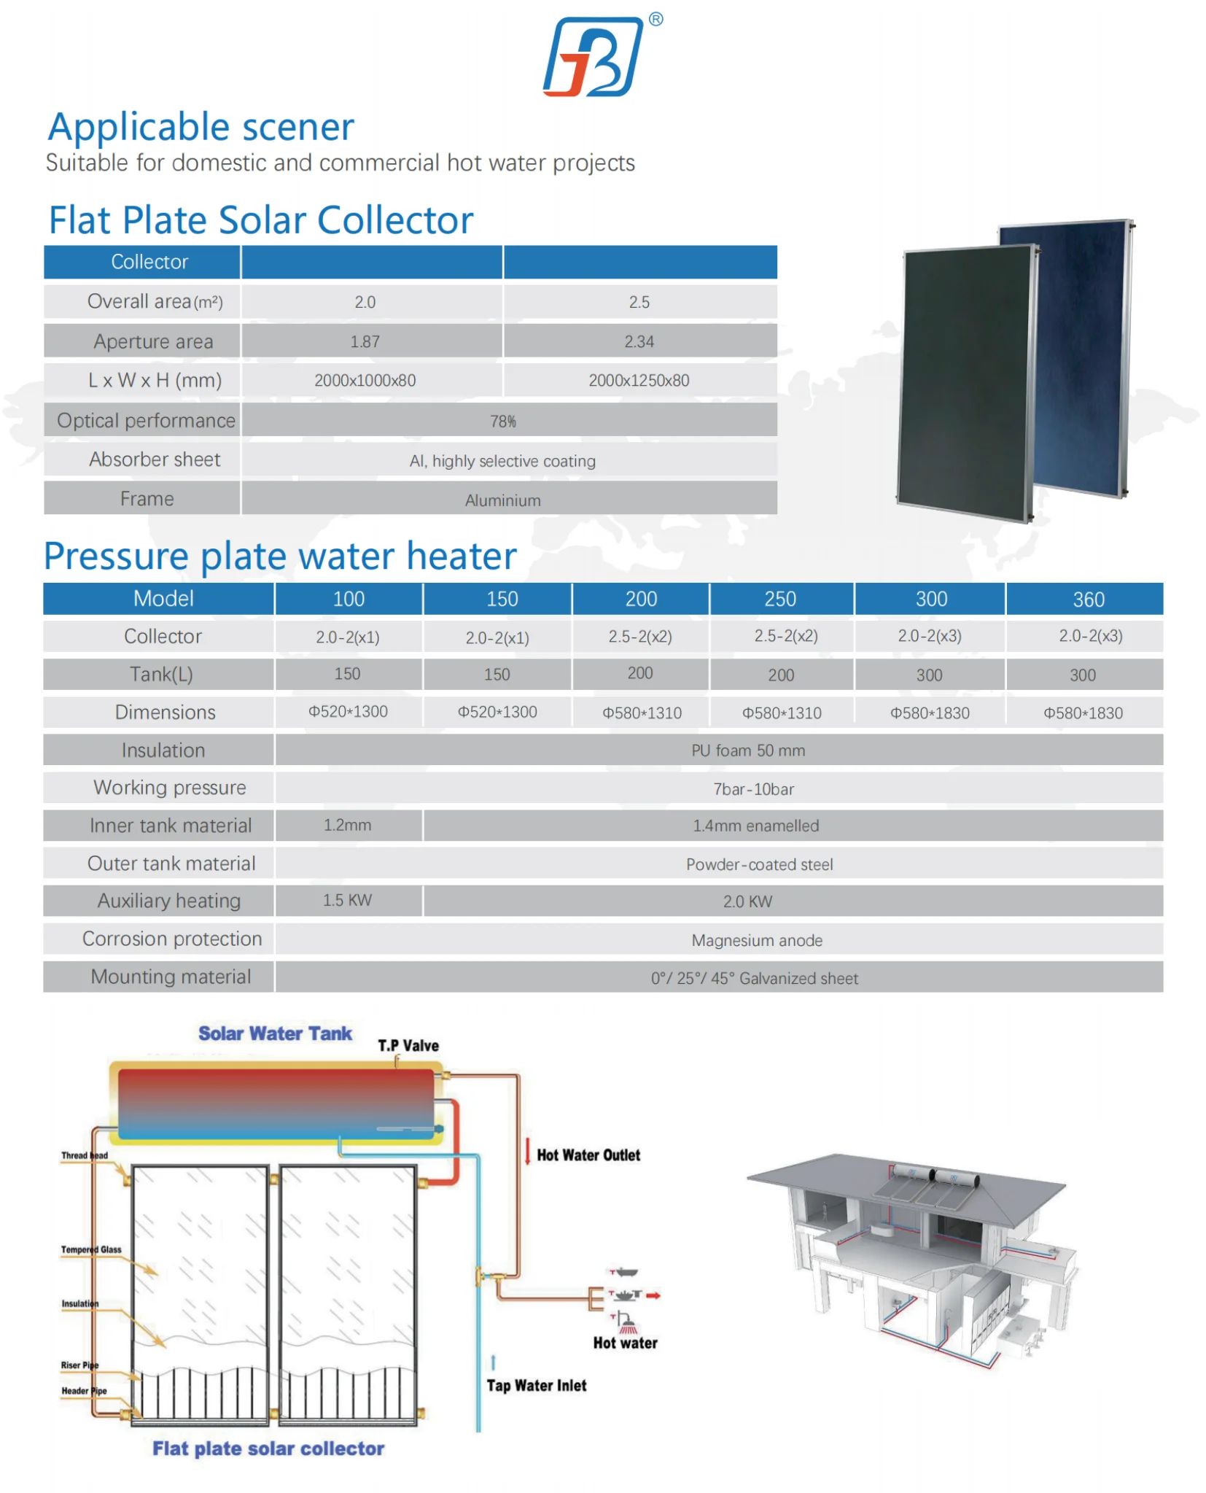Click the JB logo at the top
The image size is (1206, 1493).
click(x=594, y=56)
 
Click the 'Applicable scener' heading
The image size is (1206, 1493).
click(x=201, y=127)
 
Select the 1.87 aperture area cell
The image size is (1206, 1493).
click(x=365, y=341)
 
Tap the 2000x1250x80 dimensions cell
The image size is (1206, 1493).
click(x=639, y=380)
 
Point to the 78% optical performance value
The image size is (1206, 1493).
click(x=502, y=421)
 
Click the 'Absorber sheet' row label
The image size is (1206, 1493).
click(x=154, y=459)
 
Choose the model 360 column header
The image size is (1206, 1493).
click(x=1088, y=600)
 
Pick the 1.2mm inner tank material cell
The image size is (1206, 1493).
click(x=347, y=825)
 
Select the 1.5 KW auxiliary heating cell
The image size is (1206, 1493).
click(x=347, y=900)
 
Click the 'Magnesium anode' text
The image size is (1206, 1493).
click(x=756, y=940)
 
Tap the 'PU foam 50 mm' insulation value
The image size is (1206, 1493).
click(x=747, y=751)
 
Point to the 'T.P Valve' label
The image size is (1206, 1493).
click(x=408, y=1045)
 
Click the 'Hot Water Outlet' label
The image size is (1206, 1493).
click(x=588, y=1155)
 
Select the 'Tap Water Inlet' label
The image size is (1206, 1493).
click(x=536, y=1386)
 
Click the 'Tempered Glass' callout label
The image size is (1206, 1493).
click(x=91, y=1249)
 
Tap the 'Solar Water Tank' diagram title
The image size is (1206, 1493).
click(x=275, y=1034)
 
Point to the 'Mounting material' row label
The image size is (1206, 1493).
click(x=171, y=977)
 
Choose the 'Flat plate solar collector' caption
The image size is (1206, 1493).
click(x=268, y=1449)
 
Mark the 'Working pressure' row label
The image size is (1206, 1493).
click(x=169, y=788)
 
